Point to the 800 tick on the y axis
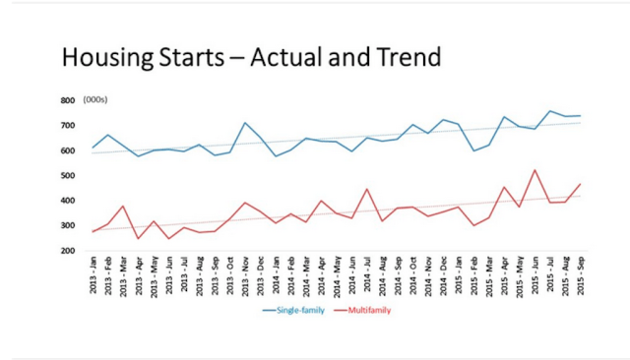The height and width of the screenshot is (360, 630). pos(68,100)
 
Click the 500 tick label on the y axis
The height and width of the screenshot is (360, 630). pos(68,176)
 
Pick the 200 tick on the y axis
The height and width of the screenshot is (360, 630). pos(68,251)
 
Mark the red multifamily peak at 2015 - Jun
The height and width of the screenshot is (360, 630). pos(534,170)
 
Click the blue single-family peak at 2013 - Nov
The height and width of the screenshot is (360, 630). pos(245,123)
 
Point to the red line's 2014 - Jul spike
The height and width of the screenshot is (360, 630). pos(366,189)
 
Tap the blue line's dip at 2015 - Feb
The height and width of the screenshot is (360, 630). pos(473,150)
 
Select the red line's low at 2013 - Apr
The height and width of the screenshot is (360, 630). pos(139,238)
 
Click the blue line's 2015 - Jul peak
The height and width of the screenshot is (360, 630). pos(549,111)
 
